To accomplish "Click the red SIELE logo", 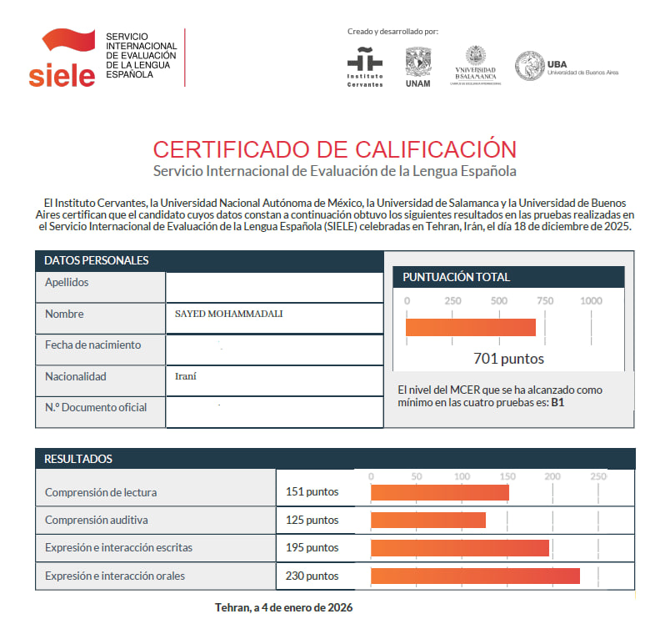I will [62, 58].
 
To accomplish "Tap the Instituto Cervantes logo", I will [365, 68].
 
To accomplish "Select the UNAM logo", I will [417, 67].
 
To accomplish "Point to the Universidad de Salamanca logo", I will [476, 65].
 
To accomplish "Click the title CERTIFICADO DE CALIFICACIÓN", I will [334, 149].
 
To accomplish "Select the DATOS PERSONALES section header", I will [96, 260].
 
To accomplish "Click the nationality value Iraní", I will [185, 376].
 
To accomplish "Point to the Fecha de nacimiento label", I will [92, 345].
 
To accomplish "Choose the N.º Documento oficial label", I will [95, 407].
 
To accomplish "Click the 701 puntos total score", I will [508, 359].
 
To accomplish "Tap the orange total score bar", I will [471, 327].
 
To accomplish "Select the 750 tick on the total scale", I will [545, 300].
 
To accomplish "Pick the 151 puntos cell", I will [312, 492].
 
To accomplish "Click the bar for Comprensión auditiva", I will [427, 520].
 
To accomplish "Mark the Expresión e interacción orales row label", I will [114, 576].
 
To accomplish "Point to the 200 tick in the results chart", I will [552, 475].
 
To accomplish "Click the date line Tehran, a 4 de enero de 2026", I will [283, 607].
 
